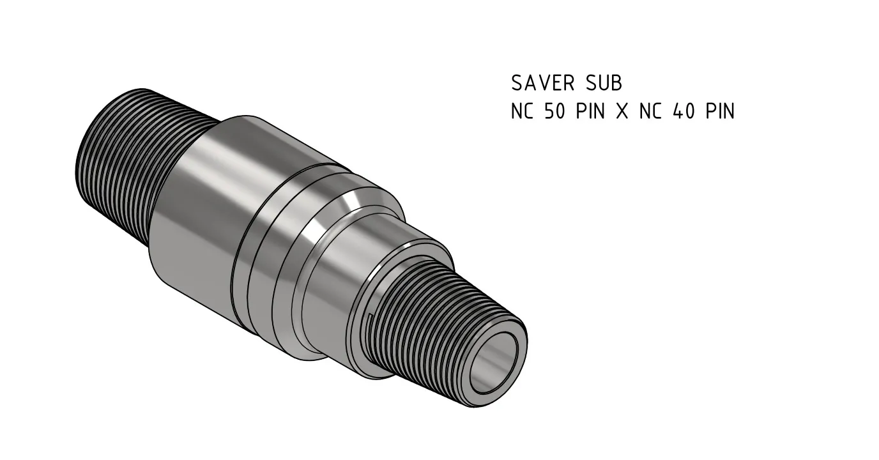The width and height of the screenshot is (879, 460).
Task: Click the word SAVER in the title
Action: click(542, 83)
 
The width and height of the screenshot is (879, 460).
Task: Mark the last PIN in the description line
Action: click(720, 112)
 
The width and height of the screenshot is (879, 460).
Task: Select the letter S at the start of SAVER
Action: click(517, 83)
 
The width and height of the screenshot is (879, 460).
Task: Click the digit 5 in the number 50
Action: click(549, 112)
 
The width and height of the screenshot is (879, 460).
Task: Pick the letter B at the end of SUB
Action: click(615, 83)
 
